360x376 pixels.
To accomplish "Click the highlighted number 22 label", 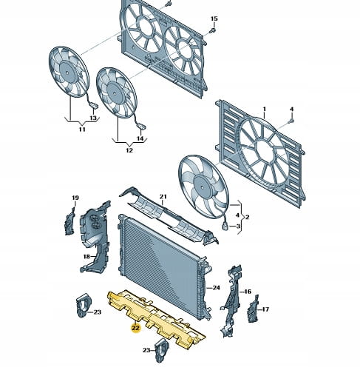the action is point(136,328).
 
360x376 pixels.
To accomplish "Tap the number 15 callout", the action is point(214,19).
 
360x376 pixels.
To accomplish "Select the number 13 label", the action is point(93,118).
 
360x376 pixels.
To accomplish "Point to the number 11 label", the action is point(82,130).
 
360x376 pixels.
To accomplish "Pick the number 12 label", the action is point(129,150).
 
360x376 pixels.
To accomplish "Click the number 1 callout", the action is point(265,109).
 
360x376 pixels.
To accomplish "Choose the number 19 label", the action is point(75,198).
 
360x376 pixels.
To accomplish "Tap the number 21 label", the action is point(163,197).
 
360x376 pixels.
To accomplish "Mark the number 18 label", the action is point(86,257).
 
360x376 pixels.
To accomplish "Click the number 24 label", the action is point(216,288).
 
